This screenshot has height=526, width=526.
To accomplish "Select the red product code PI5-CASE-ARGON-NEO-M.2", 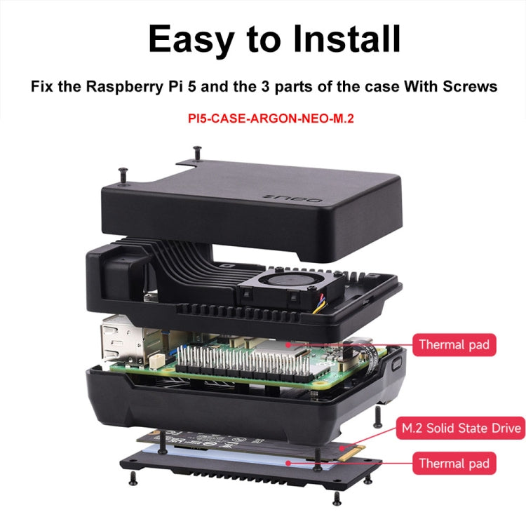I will [271, 119].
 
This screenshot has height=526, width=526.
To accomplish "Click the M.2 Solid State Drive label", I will [460, 428].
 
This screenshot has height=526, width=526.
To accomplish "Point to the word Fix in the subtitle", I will [41, 87].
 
